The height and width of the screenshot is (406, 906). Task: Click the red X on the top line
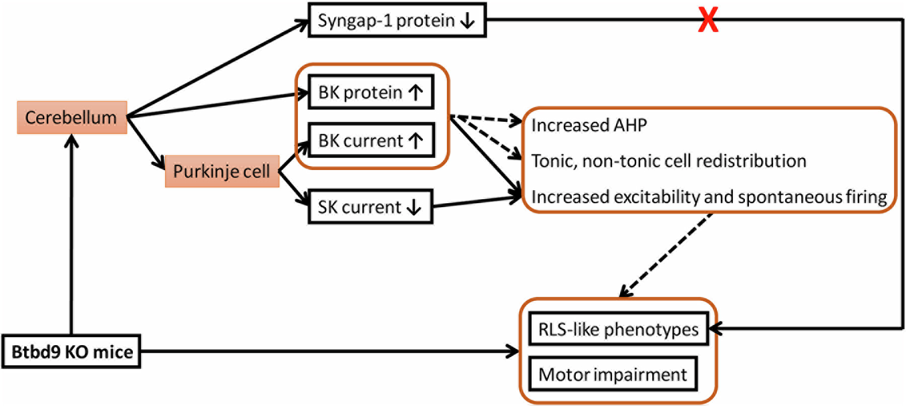(708, 21)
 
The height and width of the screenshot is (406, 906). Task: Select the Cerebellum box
(71, 118)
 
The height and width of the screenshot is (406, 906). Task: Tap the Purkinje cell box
(222, 172)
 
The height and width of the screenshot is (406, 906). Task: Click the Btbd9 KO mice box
(71, 352)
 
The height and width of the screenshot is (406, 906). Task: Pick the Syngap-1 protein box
(397, 21)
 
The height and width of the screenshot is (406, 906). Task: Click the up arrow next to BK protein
(416, 93)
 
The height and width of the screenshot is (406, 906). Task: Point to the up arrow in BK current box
(416, 140)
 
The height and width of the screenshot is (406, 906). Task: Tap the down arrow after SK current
(414, 207)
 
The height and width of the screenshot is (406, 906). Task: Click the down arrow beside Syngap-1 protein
(468, 21)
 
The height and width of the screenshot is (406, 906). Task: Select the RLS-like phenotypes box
(618, 330)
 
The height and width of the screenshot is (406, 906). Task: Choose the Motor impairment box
(613, 374)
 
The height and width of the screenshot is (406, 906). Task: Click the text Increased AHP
(589, 125)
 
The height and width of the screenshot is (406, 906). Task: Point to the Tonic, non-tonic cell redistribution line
(668, 161)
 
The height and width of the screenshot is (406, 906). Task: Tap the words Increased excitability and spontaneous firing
(709, 197)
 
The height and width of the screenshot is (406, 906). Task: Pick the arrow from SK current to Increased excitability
(476, 202)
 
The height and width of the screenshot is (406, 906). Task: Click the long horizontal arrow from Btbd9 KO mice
(327, 351)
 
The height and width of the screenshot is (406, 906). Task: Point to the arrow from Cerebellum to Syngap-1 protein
(216, 68)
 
